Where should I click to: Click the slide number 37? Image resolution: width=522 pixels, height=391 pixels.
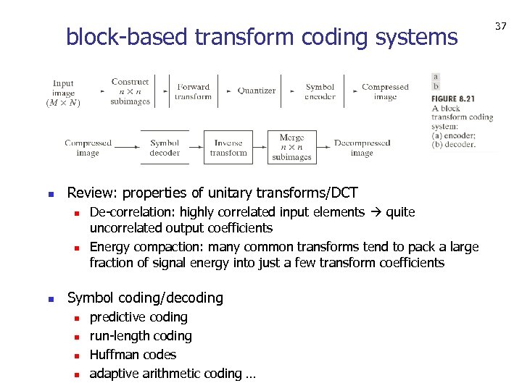click(x=500, y=26)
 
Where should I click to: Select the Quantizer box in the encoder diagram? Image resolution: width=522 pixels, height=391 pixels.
click(x=257, y=91)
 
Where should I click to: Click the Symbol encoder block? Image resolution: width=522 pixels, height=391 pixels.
click(x=320, y=92)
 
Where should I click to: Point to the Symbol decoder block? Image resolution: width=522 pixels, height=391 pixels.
click(x=165, y=148)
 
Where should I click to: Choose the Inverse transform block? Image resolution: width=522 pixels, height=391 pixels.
click(x=228, y=148)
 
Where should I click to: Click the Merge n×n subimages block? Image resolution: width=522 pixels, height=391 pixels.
click(x=291, y=147)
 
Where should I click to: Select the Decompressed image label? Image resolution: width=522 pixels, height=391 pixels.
click(x=362, y=148)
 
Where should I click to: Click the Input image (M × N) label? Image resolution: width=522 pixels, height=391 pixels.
click(x=63, y=93)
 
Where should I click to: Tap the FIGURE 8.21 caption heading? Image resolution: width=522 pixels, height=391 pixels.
click(x=453, y=98)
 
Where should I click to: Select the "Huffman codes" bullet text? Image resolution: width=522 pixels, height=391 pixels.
click(x=133, y=355)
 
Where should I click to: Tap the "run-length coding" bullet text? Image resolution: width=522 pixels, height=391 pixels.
click(x=141, y=336)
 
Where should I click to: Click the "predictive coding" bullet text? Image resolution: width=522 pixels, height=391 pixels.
click(x=138, y=317)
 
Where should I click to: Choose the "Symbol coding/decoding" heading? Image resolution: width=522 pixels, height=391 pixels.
click(x=145, y=298)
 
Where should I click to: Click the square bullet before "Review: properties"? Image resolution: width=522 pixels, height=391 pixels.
click(x=50, y=193)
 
